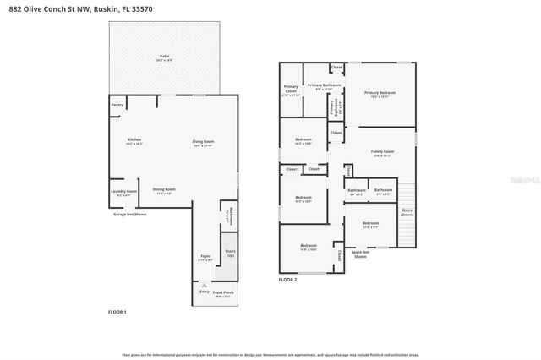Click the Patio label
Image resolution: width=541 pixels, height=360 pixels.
coord(164,57)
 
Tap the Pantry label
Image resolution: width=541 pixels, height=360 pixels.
coord(117,105)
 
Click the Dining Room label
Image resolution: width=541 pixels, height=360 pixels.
coord(164,190)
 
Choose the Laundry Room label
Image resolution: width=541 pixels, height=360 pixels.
coord(123,193)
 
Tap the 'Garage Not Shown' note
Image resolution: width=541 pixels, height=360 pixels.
coord(129,215)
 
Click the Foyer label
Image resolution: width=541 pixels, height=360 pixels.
coord(205,256)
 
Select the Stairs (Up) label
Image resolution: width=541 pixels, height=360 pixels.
coord(230,253)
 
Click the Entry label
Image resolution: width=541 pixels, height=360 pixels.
coord(204,292)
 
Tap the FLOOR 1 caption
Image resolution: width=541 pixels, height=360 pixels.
coord(117,312)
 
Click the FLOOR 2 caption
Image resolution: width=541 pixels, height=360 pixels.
coord(288,280)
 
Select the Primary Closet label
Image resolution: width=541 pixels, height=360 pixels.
coord(291,89)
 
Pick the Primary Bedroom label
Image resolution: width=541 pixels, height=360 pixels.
coord(380,94)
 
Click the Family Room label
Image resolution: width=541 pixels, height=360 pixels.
coord(382,153)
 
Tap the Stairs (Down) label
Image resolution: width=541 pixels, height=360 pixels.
coord(407,212)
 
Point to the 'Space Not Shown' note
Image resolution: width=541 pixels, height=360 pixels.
coord(360,254)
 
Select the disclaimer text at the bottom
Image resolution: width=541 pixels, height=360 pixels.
coord(270,354)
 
